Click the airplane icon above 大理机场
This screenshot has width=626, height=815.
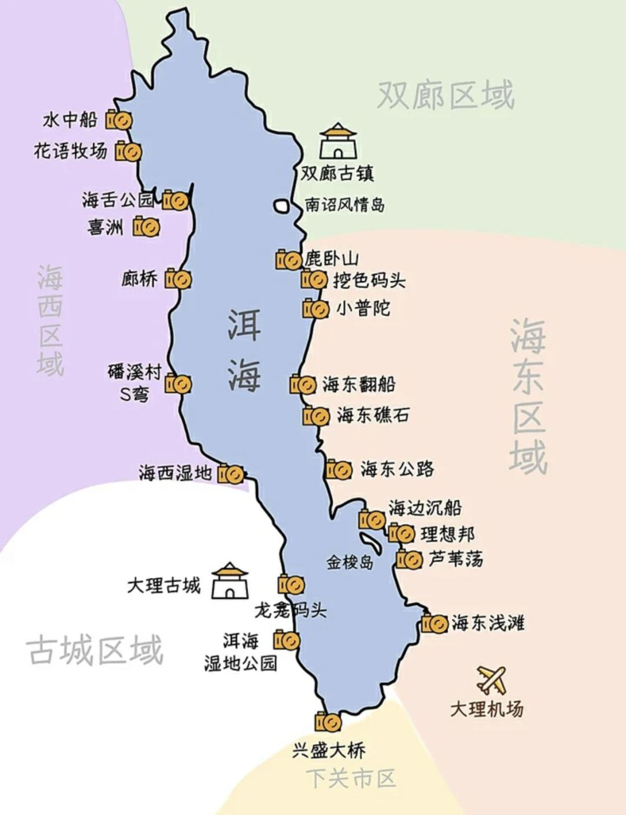[x=492, y=680]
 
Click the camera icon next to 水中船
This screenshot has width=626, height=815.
[x=119, y=120]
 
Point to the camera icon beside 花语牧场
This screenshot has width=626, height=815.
[x=128, y=151]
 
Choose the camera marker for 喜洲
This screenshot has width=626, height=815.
[x=147, y=226]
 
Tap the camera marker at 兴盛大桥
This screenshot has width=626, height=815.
[x=328, y=722]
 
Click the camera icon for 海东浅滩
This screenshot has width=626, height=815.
[x=435, y=624]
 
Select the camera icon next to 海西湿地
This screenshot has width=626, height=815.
[x=231, y=474]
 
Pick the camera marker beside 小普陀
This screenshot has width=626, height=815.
[x=316, y=308]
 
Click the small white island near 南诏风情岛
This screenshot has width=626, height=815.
[x=282, y=205]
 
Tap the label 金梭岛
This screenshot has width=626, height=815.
[x=350, y=562]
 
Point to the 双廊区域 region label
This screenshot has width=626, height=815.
[x=446, y=95]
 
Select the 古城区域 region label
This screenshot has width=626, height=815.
[x=94, y=650]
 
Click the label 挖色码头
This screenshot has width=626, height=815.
[x=369, y=280]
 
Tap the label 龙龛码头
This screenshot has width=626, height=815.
[x=291, y=610]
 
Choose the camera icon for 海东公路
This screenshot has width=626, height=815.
[x=339, y=469]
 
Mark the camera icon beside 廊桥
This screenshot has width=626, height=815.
[x=179, y=279]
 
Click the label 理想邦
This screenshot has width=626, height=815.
[x=447, y=534]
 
